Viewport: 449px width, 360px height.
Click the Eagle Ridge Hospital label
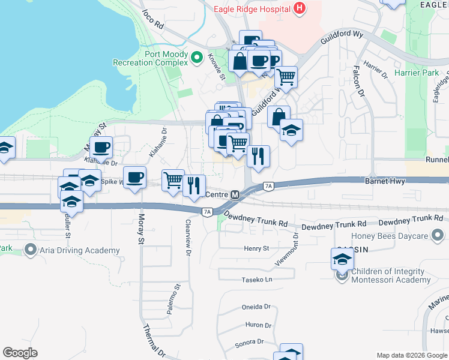click(252, 8)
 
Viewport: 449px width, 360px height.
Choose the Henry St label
click(256, 248)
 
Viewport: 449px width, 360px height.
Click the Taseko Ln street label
click(258, 280)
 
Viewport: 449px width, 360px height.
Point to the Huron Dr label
click(259, 325)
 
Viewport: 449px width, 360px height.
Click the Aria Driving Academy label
click(80, 250)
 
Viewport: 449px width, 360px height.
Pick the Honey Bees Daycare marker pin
click(438, 235)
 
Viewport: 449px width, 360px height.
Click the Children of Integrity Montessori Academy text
click(391, 276)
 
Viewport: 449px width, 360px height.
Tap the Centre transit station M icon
click(235, 195)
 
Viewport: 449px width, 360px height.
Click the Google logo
click(20, 353)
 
